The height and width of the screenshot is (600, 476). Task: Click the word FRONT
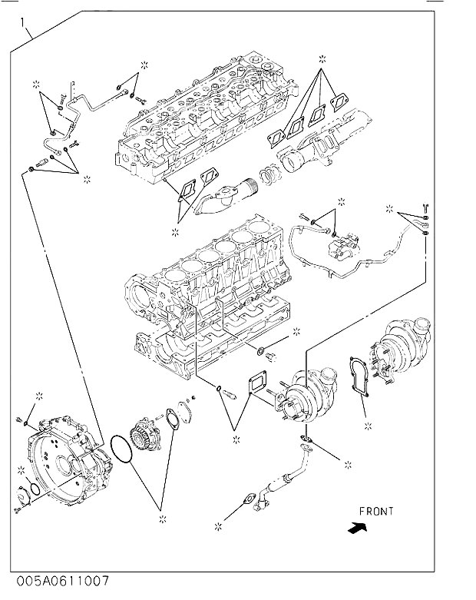coord(375,511)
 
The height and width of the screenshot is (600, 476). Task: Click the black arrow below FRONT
coord(357,528)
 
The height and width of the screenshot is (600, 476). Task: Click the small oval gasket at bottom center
coord(247,499)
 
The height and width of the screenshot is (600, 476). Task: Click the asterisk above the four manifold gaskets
coord(322,58)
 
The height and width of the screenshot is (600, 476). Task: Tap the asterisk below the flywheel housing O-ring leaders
coord(163,521)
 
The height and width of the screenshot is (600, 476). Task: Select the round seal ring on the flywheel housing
coord(35,489)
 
